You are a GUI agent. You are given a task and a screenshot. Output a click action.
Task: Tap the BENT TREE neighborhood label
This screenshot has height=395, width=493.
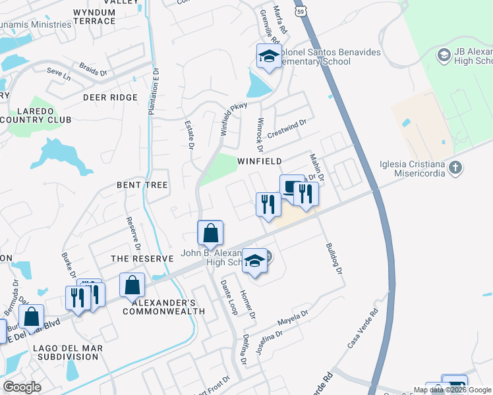[142, 185]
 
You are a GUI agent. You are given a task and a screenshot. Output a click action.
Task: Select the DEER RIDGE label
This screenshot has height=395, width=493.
[110, 98]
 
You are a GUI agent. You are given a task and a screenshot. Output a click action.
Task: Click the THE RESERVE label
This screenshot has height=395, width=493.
[142, 259]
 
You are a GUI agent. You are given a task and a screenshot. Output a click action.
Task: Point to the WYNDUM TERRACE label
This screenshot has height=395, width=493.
[94, 16]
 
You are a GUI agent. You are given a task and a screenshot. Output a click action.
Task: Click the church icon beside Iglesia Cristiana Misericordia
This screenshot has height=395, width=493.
[455, 168]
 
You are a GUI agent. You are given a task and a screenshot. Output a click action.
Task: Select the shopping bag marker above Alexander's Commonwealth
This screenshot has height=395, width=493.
[132, 285]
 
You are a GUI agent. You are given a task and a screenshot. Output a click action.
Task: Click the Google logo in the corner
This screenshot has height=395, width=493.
[22, 387]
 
